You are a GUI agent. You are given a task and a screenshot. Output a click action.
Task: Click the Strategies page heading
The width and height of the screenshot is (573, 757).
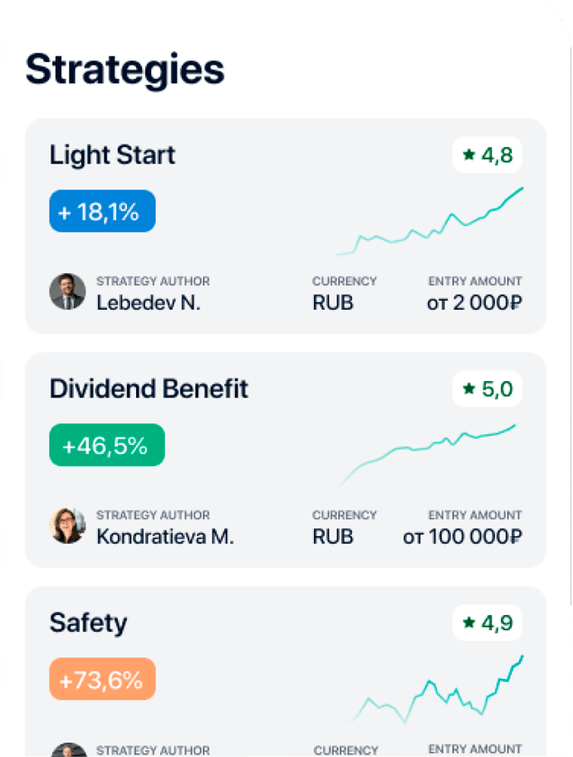pyautogui.click(x=125, y=70)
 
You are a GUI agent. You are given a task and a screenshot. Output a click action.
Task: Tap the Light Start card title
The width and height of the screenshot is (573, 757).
pyautogui.click(x=112, y=155)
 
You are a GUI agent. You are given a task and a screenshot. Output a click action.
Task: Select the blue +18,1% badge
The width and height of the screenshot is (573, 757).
pyautogui.click(x=102, y=212)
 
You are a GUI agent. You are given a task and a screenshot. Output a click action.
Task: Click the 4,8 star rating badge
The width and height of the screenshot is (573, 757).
pyautogui.click(x=487, y=155)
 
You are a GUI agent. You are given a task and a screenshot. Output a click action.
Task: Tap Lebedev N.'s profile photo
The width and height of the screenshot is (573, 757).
pyautogui.click(x=67, y=291)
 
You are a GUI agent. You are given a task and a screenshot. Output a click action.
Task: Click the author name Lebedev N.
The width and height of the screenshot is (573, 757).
pyautogui.click(x=149, y=303)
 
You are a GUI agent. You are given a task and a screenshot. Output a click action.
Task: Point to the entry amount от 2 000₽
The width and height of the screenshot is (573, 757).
pyautogui.click(x=474, y=303)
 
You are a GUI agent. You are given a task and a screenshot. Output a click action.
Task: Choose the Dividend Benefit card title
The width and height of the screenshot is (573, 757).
pyautogui.click(x=149, y=389)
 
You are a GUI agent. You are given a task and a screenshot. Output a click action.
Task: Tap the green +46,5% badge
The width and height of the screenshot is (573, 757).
pyautogui.click(x=106, y=446)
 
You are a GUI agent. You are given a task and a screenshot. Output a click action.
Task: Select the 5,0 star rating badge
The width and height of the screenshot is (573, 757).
pyautogui.click(x=487, y=389)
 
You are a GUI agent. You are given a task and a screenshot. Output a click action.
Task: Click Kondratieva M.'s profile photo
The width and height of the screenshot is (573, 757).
pyautogui.click(x=67, y=525)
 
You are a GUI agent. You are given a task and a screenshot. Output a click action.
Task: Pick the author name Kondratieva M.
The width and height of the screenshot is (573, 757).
pyautogui.click(x=165, y=537)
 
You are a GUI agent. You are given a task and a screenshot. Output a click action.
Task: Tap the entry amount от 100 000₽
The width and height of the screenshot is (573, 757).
pyautogui.click(x=463, y=537)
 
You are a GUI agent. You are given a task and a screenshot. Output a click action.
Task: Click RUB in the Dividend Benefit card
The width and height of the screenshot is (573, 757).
pyautogui.click(x=333, y=537)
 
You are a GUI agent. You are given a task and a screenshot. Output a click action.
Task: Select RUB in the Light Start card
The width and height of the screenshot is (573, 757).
pyautogui.click(x=333, y=303)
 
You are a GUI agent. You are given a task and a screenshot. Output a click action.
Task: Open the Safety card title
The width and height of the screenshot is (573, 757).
pyautogui.click(x=88, y=623)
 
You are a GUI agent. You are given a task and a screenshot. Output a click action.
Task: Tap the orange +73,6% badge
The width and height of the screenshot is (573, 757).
pyautogui.click(x=102, y=680)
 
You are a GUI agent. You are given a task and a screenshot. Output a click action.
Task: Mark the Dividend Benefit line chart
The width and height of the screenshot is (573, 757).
pyautogui.click(x=425, y=455)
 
